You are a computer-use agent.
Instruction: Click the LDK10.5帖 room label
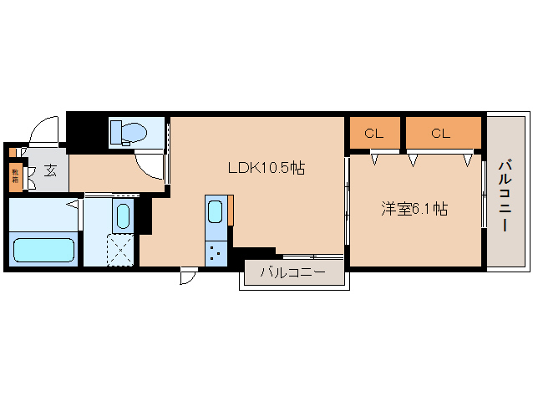266,167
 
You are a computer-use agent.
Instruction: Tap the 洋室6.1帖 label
414,209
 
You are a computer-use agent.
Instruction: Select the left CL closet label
374,132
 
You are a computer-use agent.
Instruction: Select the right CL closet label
442,132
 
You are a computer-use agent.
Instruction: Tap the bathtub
44,249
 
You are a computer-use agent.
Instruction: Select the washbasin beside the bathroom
122,216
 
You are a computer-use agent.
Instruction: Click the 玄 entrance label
50,170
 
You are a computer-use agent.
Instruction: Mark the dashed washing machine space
122,248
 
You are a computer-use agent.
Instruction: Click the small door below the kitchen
188,276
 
